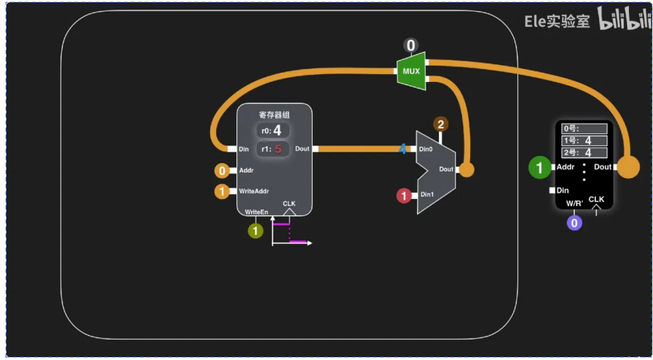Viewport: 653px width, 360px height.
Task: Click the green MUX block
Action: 412,71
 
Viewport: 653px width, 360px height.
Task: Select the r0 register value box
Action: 272,131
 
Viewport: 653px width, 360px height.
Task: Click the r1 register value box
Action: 272,149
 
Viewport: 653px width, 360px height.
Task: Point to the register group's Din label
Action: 244,149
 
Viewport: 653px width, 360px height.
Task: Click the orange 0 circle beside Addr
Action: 222,170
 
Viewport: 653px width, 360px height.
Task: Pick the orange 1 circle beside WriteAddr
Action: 222,191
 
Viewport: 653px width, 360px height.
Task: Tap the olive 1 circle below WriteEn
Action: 256,230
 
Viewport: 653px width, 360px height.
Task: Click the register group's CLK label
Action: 289,204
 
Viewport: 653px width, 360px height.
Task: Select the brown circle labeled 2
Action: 441,125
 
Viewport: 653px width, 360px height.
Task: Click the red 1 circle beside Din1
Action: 404,196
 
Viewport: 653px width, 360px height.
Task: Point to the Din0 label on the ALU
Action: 426,149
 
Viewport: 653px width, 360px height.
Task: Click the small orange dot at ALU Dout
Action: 467,169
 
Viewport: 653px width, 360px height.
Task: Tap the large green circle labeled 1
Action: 540,167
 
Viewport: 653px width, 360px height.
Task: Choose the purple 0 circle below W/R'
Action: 575,223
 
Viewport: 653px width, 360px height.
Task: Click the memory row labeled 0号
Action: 585,129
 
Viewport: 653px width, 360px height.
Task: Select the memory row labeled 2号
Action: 585,152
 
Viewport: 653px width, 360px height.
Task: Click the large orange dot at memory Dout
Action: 628,167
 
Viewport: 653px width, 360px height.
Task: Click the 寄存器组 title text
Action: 275,114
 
